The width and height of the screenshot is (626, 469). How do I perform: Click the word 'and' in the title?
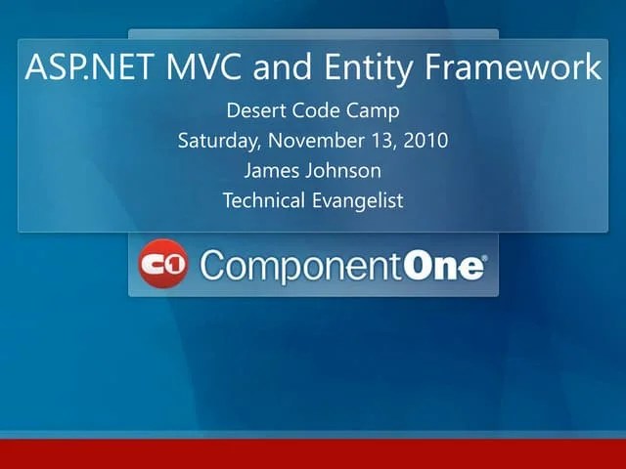pyautogui.click(x=281, y=68)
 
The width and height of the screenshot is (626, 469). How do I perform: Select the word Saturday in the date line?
pyautogui.click(x=217, y=141)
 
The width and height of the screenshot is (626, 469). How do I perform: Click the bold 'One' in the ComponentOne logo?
pyautogui.click(x=443, y=265)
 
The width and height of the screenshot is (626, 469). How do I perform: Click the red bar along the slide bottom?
pyautogui.click(x=313, y=454)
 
